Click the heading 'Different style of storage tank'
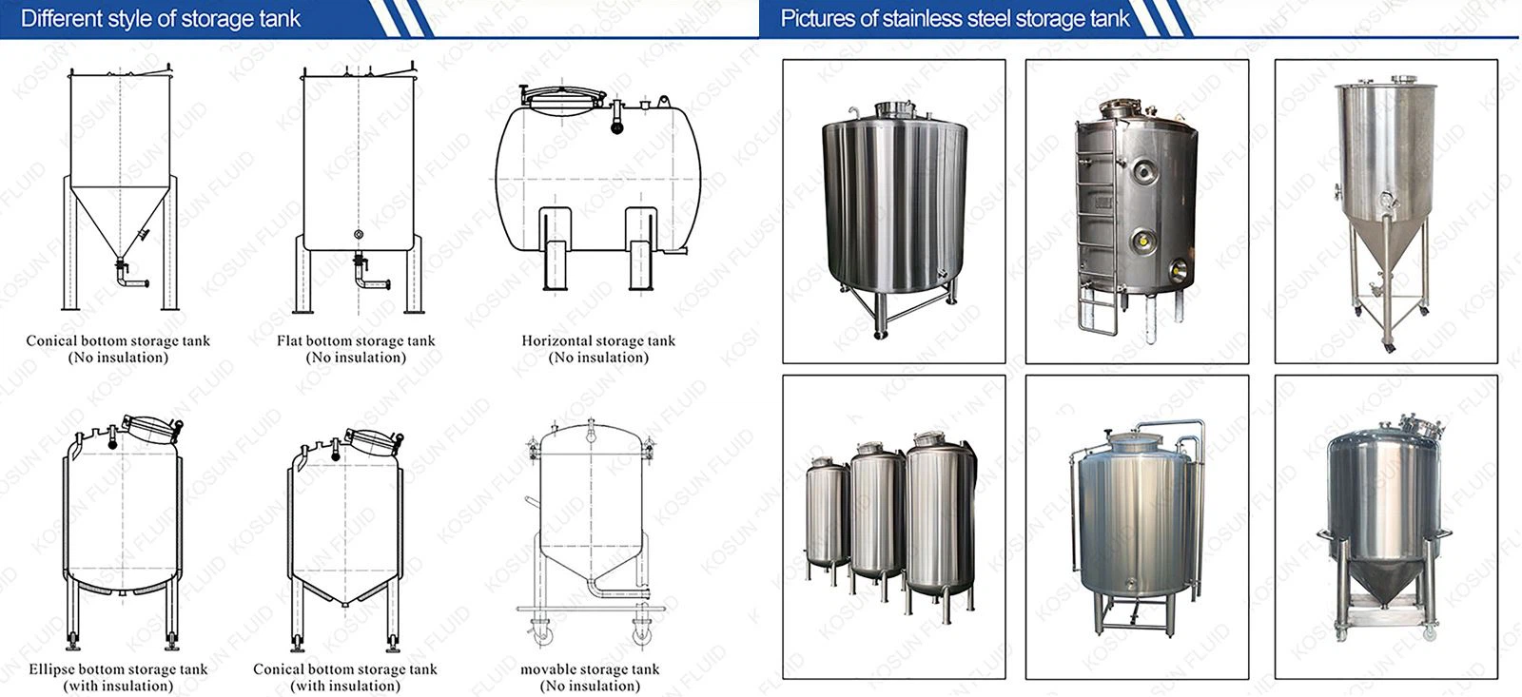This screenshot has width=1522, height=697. coord(161,19)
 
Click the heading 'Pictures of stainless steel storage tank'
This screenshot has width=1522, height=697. coord(955,19)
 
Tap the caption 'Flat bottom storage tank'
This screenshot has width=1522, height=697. coord(356,340)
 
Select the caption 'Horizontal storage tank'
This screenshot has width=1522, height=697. coord(598,340)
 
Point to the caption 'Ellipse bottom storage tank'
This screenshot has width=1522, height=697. coord(118,669)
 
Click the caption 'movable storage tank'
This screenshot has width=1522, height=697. coord(590,669)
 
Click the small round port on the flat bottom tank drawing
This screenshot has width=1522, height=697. coord(359,234)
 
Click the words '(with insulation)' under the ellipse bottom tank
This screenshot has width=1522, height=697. coord(118,687)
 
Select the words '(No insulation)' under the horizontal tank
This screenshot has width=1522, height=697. coord(598,358)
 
